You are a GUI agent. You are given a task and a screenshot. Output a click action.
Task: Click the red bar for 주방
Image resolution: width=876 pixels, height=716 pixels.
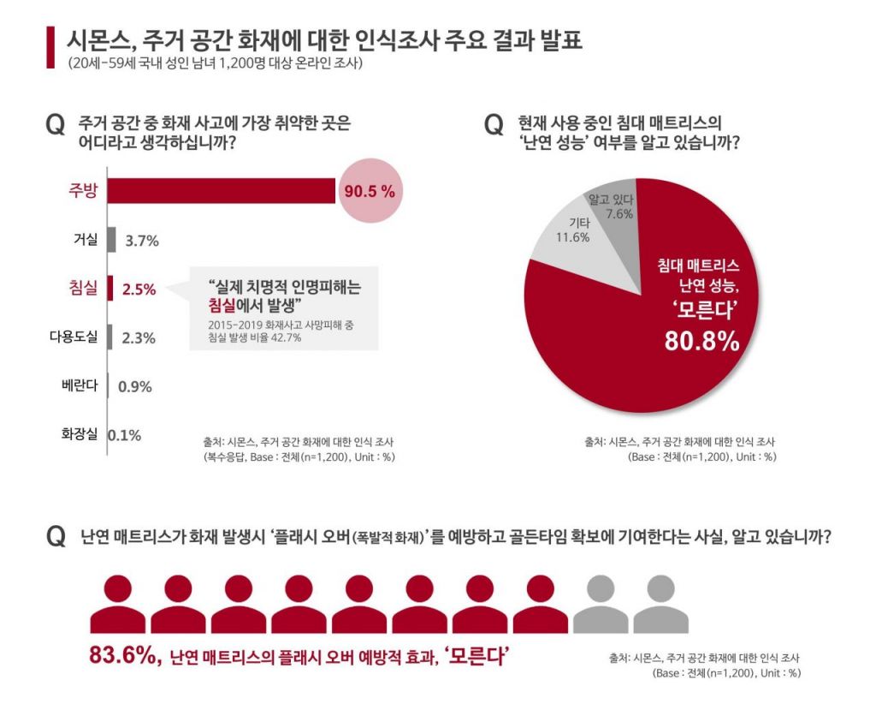(x=221, y=191)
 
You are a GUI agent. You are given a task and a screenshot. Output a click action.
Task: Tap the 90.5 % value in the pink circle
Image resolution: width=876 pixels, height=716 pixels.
(x=369, y=192)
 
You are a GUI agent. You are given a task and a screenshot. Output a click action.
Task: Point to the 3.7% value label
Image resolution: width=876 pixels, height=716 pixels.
(x=142, y=242)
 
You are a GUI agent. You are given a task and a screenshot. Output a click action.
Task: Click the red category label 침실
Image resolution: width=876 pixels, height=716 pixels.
(x=83, y=288)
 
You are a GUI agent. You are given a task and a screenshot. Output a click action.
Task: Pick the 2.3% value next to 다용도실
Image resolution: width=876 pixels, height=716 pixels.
(x=139, y=337)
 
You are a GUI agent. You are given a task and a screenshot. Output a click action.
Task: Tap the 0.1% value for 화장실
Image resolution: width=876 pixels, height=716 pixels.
(x=125, y=435)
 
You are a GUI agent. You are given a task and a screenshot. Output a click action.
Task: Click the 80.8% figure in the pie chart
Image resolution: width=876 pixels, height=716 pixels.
(x=701, y=341)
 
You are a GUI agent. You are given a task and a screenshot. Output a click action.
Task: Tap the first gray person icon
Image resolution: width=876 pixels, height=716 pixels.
(x=601, y=603)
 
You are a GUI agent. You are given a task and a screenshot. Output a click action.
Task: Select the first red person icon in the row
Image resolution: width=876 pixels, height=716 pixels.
(x=118, y=603)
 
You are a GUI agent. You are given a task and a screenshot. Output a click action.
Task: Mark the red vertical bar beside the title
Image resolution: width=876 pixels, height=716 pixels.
(x=49, y=48)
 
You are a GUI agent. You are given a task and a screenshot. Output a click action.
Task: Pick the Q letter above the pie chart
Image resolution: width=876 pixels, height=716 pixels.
(x=494, y=126)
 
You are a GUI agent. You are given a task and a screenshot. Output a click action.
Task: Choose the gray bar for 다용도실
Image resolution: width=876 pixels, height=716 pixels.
(x=109, y=337)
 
